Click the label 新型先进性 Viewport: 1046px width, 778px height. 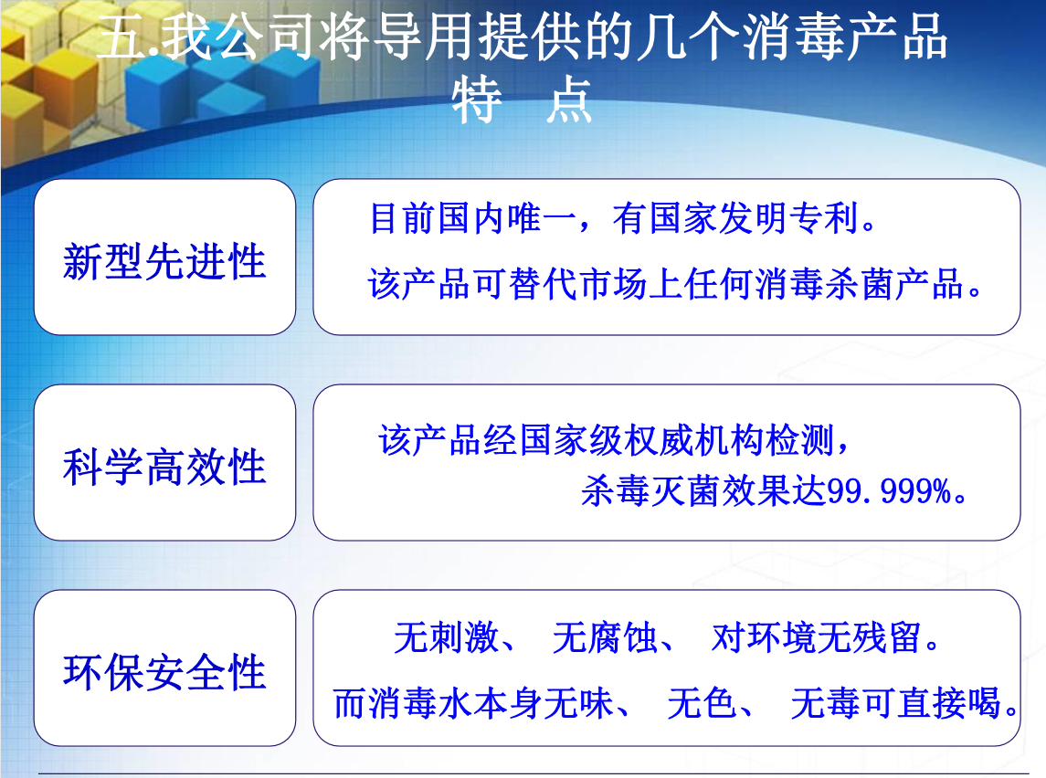point(164,260)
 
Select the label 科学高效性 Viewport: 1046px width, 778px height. point(164,467)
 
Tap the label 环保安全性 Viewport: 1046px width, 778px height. point(164,672)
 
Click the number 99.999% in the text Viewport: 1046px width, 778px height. point(889,492)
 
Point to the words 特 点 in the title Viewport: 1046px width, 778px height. point(522,100)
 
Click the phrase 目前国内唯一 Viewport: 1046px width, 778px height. point(472,218)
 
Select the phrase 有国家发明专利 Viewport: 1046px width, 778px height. point(735,218)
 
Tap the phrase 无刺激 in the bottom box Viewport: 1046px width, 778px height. point(446,637)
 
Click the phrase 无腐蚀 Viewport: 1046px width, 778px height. point(605,637)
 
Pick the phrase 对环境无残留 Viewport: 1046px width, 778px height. point(816,637)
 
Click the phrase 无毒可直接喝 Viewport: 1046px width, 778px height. point(896,703)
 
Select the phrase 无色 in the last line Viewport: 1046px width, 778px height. point(702,703)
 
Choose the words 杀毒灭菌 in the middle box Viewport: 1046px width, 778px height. point(651,492)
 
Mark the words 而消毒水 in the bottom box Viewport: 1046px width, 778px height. point(403,703)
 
